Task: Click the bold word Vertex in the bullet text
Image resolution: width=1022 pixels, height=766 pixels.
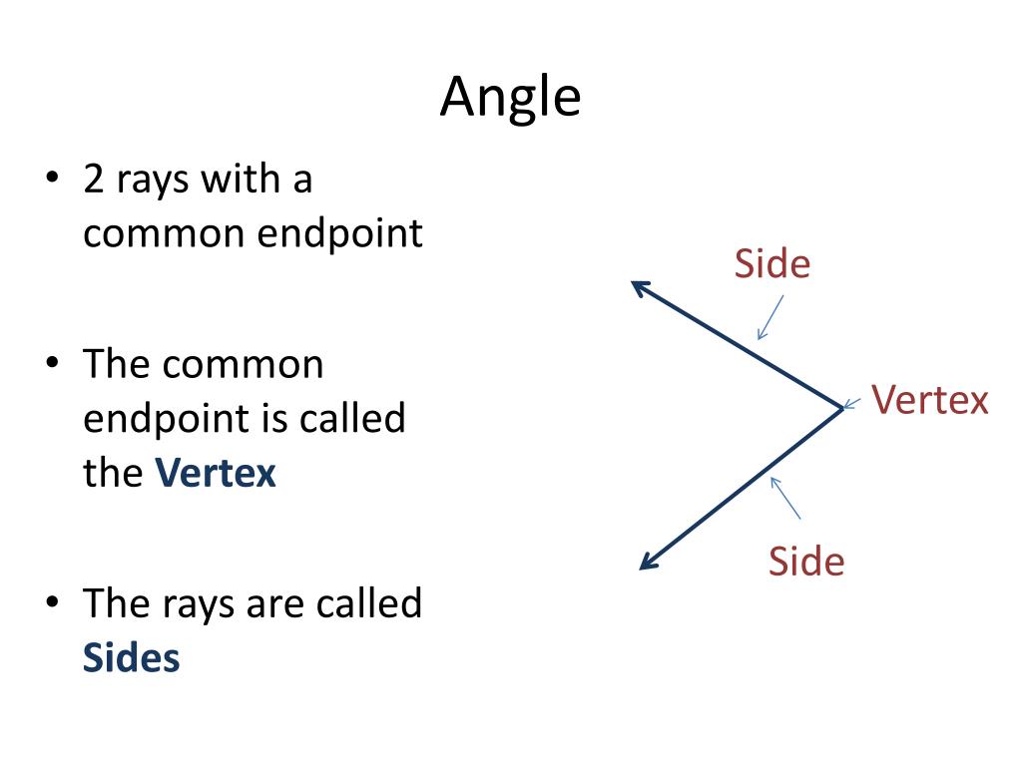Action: (216, 472)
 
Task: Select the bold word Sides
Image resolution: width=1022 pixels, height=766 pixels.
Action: (131, 658)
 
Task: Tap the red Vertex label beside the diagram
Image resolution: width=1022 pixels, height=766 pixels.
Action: (929, 400)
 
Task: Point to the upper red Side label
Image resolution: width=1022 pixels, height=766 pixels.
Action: (771, 264)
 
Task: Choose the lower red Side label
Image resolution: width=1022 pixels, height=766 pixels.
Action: (805, 562)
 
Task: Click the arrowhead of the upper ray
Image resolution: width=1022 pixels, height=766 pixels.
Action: (639, 286)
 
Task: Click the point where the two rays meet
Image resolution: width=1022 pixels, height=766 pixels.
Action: (841, 406)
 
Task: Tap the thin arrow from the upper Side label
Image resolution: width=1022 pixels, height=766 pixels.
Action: (769, 317)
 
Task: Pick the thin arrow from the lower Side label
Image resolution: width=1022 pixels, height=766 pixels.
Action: (785, 498)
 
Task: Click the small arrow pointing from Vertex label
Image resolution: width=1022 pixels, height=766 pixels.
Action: (851, 404)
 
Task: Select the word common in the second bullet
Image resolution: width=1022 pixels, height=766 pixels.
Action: (243, 363)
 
